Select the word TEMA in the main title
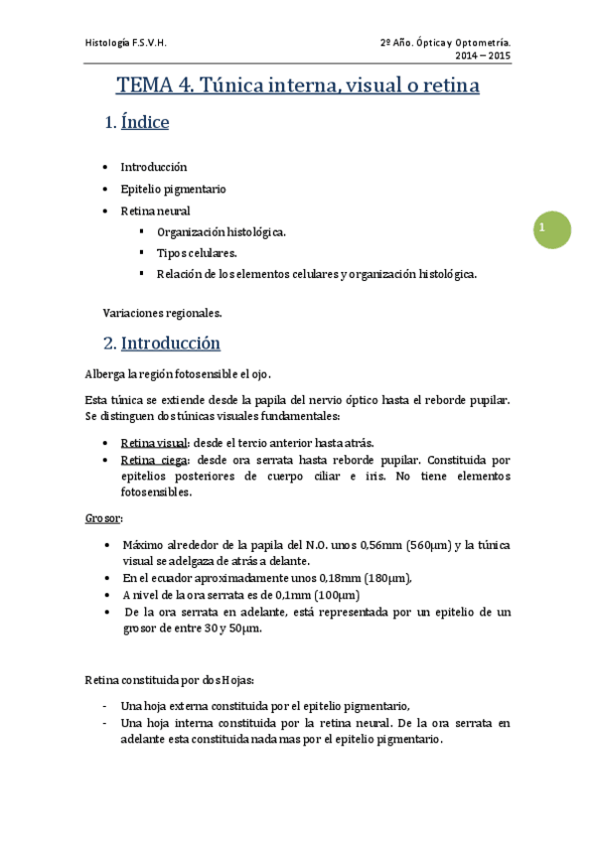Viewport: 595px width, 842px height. click(147, 86)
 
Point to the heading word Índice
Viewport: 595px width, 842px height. click(145, 123)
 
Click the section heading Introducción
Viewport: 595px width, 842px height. click(170, 344)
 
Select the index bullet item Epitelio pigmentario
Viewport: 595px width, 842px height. click(174, 189)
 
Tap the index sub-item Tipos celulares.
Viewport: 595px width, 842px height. click(197, 253)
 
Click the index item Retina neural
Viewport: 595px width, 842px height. click(155, 210)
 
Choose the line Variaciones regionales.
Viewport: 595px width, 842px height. click(162, 313)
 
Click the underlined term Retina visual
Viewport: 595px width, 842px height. click(153, 443)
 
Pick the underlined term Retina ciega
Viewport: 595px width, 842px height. click(152, 461)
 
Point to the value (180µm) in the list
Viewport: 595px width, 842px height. click(383, 578)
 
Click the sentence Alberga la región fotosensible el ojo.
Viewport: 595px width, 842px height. click(178, 374)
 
